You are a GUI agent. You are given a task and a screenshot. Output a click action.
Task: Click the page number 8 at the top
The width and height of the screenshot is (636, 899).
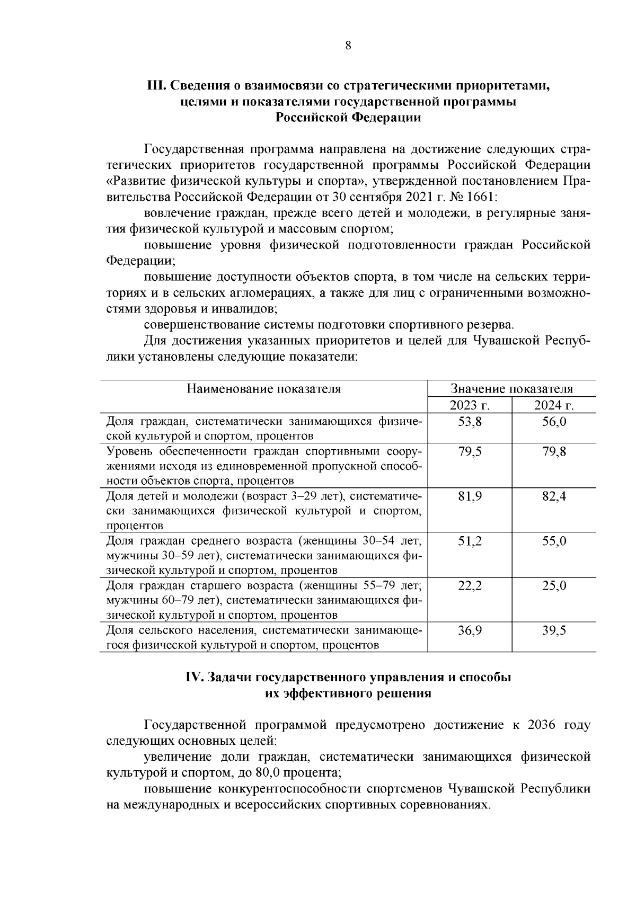(348, 46)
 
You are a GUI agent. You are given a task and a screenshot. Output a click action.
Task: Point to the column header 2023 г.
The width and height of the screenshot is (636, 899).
(469, 405)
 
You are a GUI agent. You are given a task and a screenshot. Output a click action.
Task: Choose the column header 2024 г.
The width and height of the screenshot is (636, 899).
(554, 405)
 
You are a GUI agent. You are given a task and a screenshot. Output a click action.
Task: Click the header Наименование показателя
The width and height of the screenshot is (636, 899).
(263, 389)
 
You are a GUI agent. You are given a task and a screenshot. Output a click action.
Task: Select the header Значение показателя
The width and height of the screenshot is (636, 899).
(511, 389)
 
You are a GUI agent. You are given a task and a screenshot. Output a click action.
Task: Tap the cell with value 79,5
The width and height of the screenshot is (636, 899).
(470, 452)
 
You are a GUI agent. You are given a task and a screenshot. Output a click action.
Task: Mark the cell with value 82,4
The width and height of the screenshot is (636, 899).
(554, 497)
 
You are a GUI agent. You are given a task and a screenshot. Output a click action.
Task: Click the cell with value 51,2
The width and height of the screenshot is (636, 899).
(470, 541)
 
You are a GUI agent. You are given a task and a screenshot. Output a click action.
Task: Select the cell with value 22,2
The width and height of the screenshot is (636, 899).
(470, 586)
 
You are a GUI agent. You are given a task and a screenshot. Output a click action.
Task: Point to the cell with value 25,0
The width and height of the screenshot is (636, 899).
(554, 586)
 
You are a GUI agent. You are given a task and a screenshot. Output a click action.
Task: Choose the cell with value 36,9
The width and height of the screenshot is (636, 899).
(470, 630)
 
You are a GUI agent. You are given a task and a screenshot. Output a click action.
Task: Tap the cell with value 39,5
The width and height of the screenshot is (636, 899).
(554, 630)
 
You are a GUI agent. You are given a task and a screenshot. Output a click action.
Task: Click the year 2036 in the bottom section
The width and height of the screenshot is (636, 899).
(542, 725)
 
